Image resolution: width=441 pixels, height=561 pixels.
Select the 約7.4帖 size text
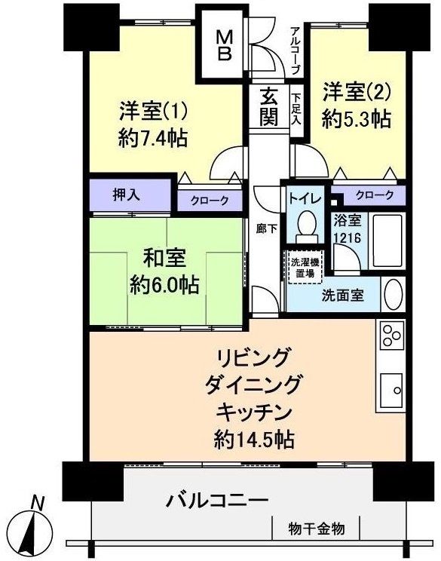[153, 139]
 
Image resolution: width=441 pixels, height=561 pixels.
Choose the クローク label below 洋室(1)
[210, 202]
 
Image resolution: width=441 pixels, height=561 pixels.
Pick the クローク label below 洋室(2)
[374, 195]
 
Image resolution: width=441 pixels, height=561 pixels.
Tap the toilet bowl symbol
[306, 225]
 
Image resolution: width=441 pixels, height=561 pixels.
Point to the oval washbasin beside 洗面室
[393, 294]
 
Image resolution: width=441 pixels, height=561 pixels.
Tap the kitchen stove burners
[391, 334]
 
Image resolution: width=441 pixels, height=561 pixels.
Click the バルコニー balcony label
[217, 500]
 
